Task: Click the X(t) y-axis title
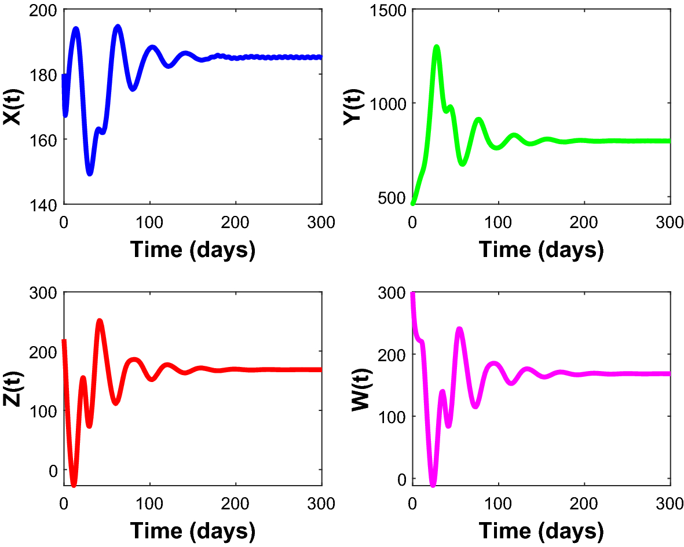[x=12, y=107]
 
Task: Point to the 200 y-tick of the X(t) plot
[x=43, y=10]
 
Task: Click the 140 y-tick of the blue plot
[x=43, y=204]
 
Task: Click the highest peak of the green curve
[x=437, y=47]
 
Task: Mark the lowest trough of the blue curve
[x=90, y=172]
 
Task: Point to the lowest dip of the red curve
[x=74, y=484]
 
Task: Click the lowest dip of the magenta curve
[x=433, y=484]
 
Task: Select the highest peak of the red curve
[x=100, y=321]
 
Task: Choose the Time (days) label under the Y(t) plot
[x=541, y=249]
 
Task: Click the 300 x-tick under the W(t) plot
[x=670, y=504]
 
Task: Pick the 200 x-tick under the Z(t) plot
[x=236, y=504]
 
